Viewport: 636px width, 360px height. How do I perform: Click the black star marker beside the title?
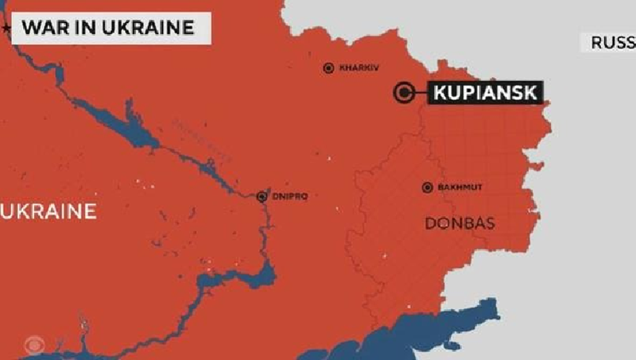click(7, 27)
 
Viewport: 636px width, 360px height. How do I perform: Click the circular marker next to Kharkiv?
click(328, 68)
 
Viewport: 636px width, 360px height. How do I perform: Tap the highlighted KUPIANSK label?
click(487, 93)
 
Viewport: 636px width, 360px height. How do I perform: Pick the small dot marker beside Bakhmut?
click(427, 188)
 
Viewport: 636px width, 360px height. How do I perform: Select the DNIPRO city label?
click(289, 196)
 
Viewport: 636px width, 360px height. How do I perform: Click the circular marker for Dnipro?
click(262, 196)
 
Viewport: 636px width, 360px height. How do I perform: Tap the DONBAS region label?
click(460, 223)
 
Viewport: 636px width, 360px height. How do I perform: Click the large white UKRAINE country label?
click(49, 211)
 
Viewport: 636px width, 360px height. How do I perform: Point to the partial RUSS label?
click(612, 42)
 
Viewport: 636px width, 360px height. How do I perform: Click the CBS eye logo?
click(34, 346)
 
